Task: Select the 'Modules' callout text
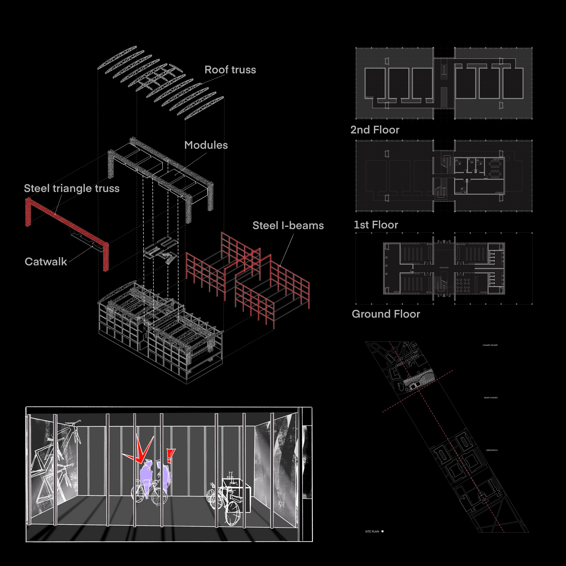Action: [x=206, y=145]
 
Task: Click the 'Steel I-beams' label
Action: [x=288, y=226]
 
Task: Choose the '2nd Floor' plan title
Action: [x=375, y=130]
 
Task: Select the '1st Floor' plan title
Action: [x=376, y=225]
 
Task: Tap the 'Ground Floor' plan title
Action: [x=386, y=314]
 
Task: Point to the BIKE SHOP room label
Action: [x=461, y=244]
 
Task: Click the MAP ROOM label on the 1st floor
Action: [x=498, y=159]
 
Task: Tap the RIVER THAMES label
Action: [x=491, y=398]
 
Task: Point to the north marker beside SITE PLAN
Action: [x=382, y=531]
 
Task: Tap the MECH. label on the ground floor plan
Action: [x=396, y=292]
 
